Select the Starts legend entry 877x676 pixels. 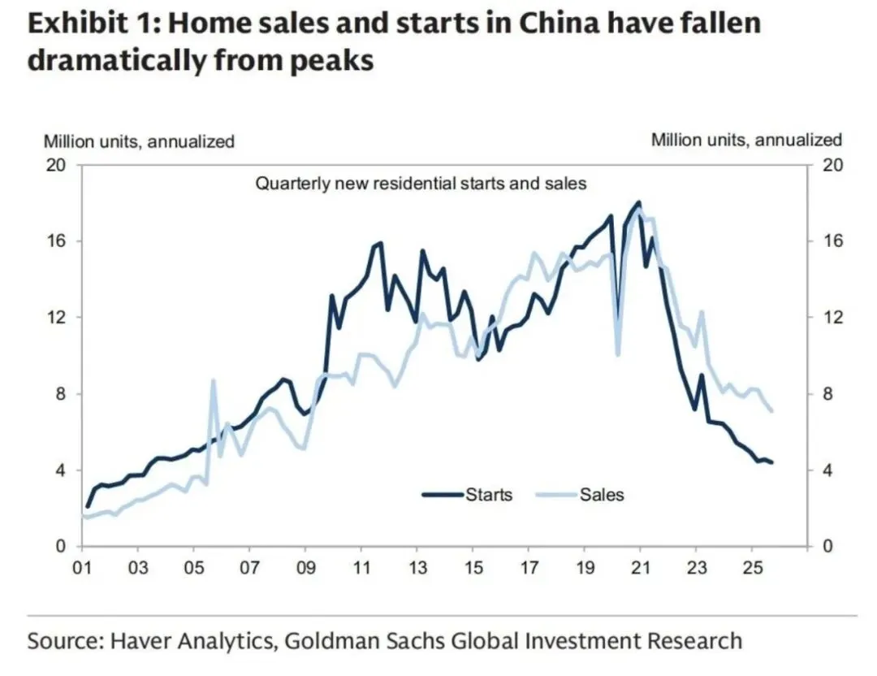tap(488, 493)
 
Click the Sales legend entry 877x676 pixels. tap(602, 493)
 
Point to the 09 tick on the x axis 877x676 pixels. tap(305, 566)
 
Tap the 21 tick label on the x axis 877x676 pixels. tap(640, 566)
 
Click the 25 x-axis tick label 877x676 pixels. tap(751, 566)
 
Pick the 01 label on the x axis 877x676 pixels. tap(82, 566)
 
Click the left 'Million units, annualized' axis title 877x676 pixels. tap(139, 141)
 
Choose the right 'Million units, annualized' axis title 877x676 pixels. tap(746, 140)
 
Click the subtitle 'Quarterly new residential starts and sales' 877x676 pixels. tap(421, 184)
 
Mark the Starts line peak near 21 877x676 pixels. tap(639, 202)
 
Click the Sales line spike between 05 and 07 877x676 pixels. tap(213, 380)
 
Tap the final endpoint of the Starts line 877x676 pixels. tap(771, 462)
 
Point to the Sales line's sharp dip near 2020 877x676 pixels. tap(619, 354)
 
